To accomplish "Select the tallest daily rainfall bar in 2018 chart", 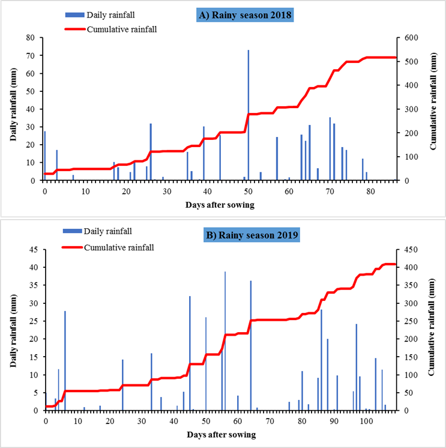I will point(249,114).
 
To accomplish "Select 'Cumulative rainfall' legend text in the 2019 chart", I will point(118,247).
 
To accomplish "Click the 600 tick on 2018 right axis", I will point(409,38).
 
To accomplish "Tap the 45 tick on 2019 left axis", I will point(35,250).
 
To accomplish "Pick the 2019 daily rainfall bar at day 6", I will point(65,360).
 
